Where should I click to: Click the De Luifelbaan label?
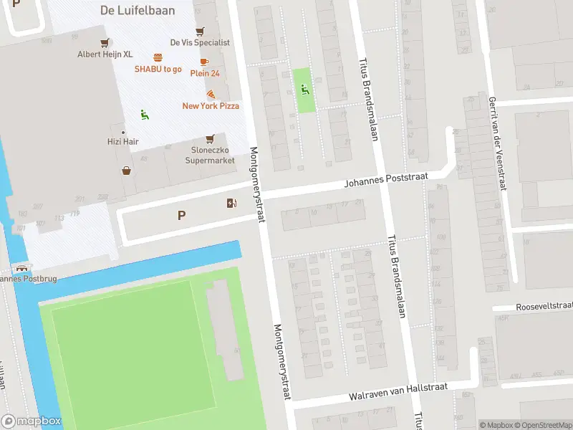[x=129, y=10]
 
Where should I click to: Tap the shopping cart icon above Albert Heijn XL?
[x=105, y=42]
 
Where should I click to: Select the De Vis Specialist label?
[x=200, y=42]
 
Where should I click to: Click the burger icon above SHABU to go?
[x=158, y=57]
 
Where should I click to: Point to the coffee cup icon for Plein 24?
[x=204, y=62]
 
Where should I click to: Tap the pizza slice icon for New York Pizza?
[x=211, y=94]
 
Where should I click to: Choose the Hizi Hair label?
[x=124, y=142]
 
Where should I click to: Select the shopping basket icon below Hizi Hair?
[x=127, y=171]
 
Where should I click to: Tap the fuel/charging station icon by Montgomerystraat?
[x=231, y=204]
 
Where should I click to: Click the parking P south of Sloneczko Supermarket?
[x=181, y=214]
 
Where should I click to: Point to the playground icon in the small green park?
[x=304, y=90]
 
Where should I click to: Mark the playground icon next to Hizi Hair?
[x=143, y=114]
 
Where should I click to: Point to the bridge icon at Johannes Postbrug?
[x=21, y=267]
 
